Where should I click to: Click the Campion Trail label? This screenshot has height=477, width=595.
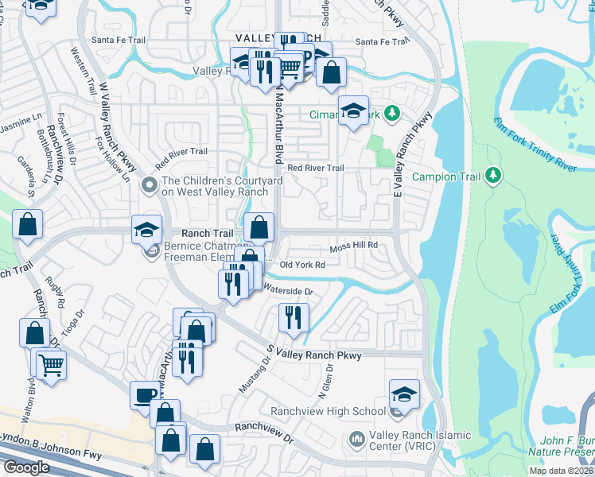[x=445, y=175]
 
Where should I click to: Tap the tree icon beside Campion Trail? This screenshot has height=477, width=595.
[x=494, y=174]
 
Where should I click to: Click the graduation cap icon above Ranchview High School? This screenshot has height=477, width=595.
[x=404, y=394]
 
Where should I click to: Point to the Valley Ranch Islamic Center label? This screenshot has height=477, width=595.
[x=419, y=440]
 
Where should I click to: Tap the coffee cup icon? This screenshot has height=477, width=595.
[x=145, y=394]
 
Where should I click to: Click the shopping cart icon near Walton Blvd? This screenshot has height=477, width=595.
[x=51, y=366]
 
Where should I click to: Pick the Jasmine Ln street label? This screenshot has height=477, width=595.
[x=21, y=124]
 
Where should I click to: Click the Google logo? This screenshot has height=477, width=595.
[x=26, y=467]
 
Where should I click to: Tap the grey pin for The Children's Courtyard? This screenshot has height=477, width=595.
[x=148, y=185]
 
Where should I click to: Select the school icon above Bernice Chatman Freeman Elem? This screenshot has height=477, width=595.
[x=147, y=230]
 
